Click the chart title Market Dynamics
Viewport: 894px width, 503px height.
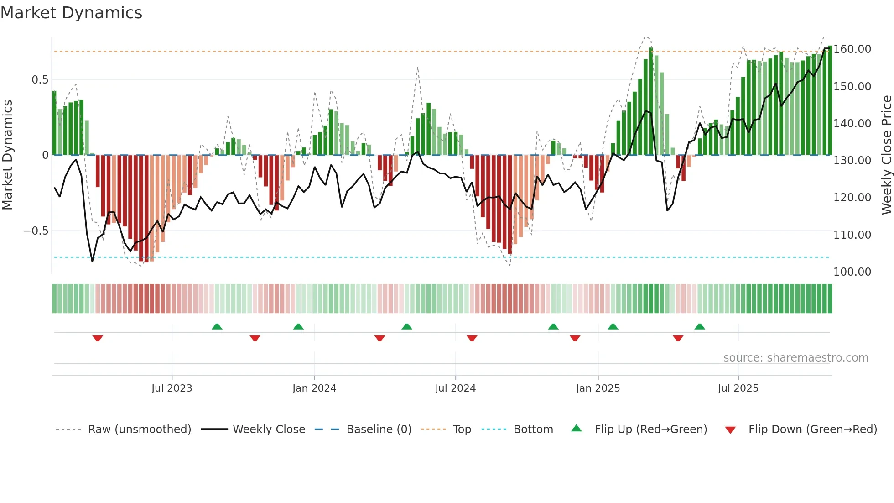pyautogui.click(x=72, y=13)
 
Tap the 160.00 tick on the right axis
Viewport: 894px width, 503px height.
pyautogui.click(x=852, y=49)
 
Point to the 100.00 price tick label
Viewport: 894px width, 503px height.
pyautogui.click(x=852, y=272)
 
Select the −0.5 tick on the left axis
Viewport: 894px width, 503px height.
pyautogui.click(x=36, y=231)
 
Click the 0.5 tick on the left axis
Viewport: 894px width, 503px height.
pyautogui.click(x=40, y=80)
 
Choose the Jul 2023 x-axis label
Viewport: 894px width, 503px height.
pyautogui.click(x=172, y=388)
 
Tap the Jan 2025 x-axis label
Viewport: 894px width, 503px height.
pyautogui.click(x=598, y=388)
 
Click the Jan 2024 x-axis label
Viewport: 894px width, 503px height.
pyautogui.click(x=314, y=388)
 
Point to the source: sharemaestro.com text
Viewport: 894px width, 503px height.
pyautogui.click(x=795, y=358)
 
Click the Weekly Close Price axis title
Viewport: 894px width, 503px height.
pyautogui.click(x=886, y=155)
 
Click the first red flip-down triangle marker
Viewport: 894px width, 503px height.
pyautogui.click(x=98, y=338)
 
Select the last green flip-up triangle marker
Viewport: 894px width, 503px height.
pyautogui.click(x=700, y=326)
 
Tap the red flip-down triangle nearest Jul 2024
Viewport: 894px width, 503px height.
pyautogui.click(x=472, y=338)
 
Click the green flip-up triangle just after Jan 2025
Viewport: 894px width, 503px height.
pyautogui.click(x=613, y=326)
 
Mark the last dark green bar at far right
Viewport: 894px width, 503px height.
pyautogui.click(x=830, y=100)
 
